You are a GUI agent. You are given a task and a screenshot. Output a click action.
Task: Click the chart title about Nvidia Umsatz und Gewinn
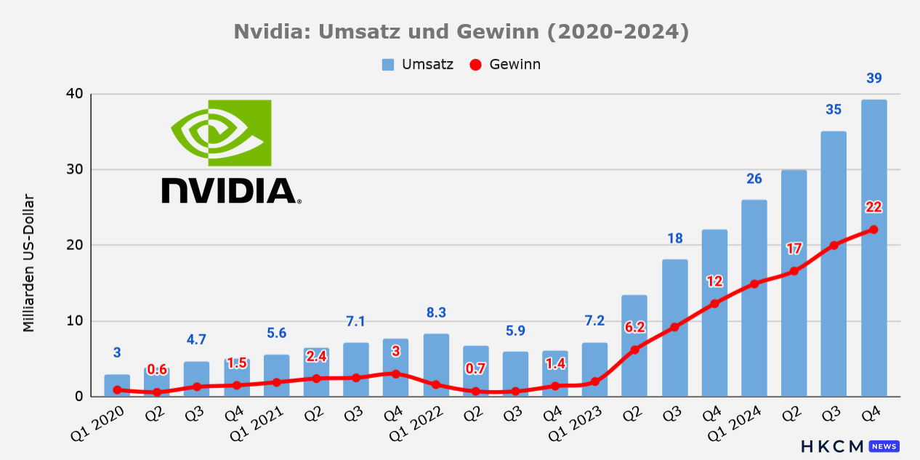[x=461, y=32]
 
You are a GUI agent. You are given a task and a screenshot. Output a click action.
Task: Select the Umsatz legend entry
[x=417, y=65]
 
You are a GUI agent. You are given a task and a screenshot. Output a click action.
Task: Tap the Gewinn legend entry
[x=505, y=65]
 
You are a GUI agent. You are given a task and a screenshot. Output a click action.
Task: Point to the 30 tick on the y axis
[x=75, y=169]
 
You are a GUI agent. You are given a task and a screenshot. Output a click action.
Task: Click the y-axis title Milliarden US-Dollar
[x=28, y=263]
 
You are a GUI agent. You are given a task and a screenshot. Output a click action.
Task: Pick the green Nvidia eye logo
[x=222, y=133]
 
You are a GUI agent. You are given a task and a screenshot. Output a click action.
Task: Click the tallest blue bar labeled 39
[x=874, y=248]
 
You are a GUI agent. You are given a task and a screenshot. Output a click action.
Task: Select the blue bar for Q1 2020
[x=117, y=385]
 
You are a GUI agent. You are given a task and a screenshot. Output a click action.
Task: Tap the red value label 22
[x=873, y=207]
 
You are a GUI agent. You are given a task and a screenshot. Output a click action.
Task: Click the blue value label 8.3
[x=436, y=313]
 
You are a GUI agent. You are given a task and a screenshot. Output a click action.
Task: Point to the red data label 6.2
[x=634, y=327]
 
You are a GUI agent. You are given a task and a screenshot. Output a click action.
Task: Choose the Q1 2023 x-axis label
[x=575, y=424]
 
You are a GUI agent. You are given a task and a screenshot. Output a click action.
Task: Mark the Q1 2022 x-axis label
[x=416, y=424]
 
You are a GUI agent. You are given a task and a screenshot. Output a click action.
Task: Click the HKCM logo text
[x=833, y=446]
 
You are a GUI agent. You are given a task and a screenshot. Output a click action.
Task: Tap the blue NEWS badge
[x=884, y=446]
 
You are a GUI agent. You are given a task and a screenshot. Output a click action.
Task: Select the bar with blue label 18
[x=675, y=328]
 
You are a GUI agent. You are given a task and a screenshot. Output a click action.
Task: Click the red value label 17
[x=794, y=249]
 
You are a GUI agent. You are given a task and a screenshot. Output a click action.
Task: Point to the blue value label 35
[x=834, y=110]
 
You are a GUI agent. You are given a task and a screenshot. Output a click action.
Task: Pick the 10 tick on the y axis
[x=75, y=320]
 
